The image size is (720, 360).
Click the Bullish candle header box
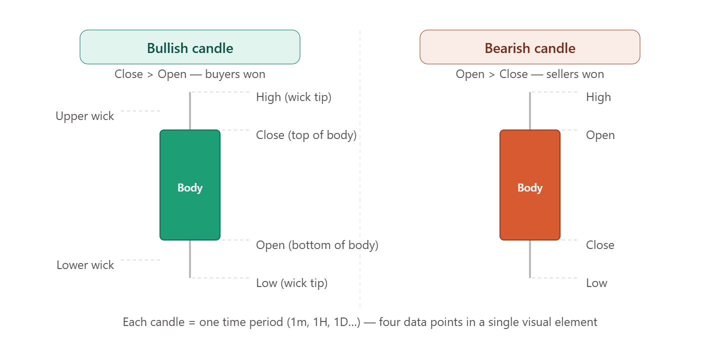[x=190, y=47]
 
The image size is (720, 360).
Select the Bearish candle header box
[x=529, y=47]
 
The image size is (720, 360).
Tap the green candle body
[x=190, y=185]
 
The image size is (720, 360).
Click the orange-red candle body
[x=529, y=185]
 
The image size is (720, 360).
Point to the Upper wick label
[x=85, y=116]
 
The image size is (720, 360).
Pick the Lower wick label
[x=85, y=265]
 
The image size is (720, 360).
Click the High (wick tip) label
[x=294, y=97]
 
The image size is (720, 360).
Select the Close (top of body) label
[x=306, y=135]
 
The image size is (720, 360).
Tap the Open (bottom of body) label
[x=317, y=245]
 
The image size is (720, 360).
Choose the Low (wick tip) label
[x=292, y=283]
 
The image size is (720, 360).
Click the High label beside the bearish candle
[x=598, y=97]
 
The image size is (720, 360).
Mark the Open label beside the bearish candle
[x=600, y=135]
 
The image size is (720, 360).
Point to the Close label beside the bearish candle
[x=600, y=245]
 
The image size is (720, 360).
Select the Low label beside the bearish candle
[x=596, y=283]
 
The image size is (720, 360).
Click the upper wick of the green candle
[x=190, y=111]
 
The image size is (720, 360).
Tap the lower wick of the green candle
[x=190, y=259]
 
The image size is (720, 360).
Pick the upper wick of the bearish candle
[x=529, y=111]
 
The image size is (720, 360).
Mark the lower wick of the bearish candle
[x=529, y=259]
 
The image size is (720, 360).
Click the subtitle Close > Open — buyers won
[x=190, y=74]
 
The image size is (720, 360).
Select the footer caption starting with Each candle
[x=360, y=322]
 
